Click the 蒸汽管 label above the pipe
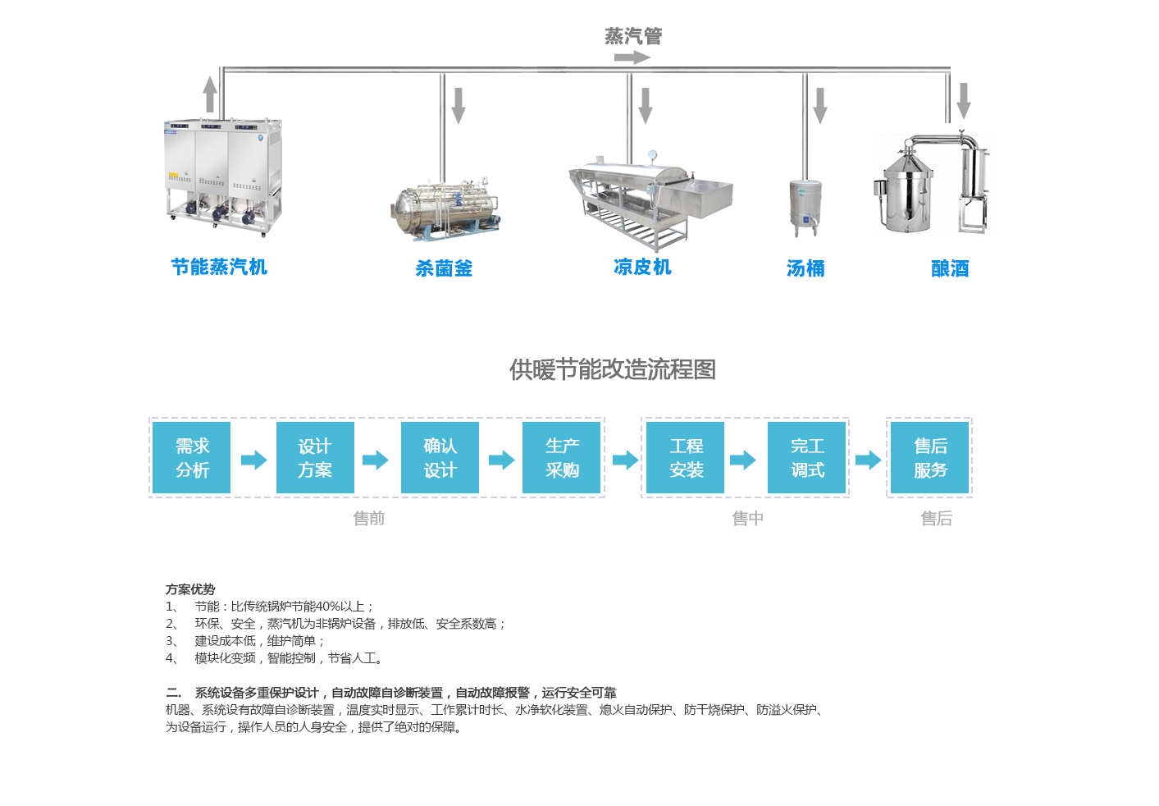coord(633,36)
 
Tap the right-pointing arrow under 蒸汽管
coord(632,57)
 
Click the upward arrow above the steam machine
coord(210,94)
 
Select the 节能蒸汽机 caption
coord(219,267)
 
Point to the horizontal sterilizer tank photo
coord(445,210)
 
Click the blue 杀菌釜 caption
coord(444,268)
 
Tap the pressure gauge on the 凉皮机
coord(652,155)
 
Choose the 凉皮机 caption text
coord(642,267)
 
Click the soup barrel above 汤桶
coord(805,207)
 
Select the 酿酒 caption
coord(950,268)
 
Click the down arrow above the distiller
coord(964,100)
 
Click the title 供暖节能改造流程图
coord(612,369)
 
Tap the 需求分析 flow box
coord(192,458)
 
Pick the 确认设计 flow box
coord(440,458)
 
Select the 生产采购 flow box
coord(562,458)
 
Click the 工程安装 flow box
coord(686,458)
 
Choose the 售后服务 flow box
coord(930,458)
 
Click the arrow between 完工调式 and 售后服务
coord(868,460)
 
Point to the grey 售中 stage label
coord(747,518)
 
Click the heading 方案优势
coord(190,589)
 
